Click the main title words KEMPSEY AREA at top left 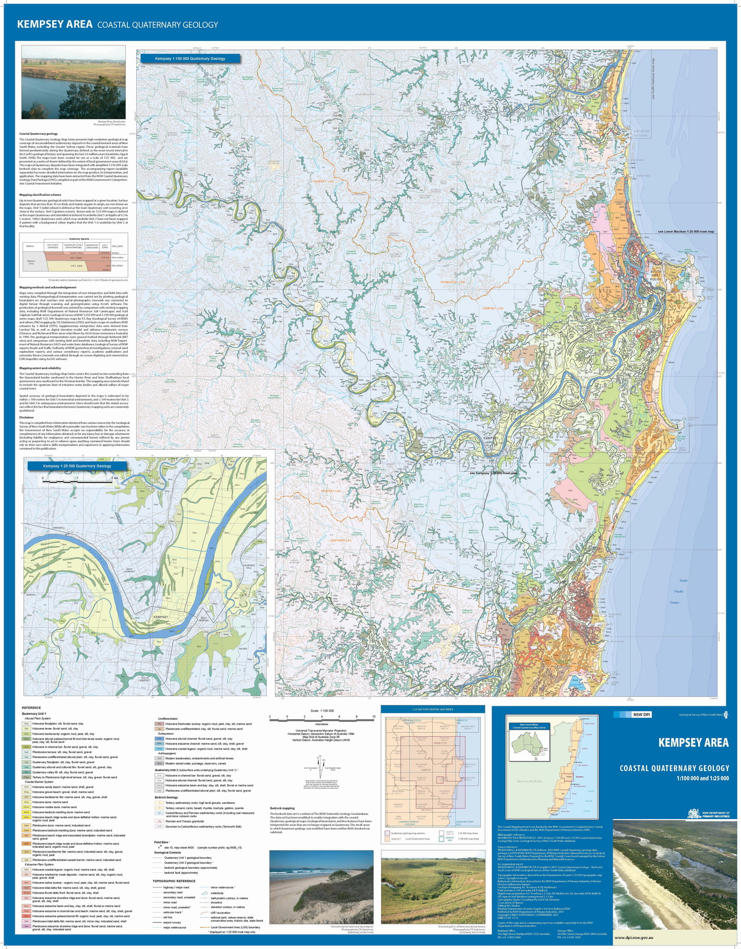click(54, 24)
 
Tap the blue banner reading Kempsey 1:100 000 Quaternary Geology click(190, 58)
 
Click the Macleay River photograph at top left click(74, 82)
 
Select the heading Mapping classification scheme click(40, 195)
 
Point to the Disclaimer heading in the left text click(27, 417)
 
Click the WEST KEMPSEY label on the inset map click(129, 570)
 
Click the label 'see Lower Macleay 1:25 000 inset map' click(686, 231)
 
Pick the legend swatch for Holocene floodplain click(26, 724)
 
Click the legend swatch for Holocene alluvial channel click(160, 739)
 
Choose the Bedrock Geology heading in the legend click(166, 797)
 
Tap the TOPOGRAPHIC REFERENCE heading click(174, 881)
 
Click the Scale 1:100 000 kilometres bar click(321, 717)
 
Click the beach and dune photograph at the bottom click(321, 887)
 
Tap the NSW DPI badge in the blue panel click(641, 715)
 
